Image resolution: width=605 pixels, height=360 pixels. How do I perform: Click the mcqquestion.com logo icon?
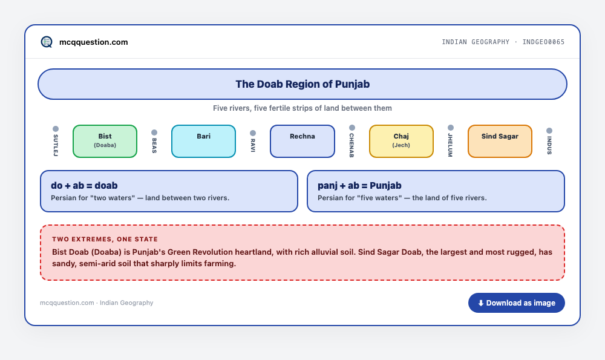point(47,42)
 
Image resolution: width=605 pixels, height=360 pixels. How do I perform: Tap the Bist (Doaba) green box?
point(105,141)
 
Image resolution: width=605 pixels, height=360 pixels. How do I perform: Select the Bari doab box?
point(203,141)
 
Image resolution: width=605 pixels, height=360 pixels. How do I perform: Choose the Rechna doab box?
point(302,141)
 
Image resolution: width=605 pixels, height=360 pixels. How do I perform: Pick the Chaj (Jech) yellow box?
point(401,141)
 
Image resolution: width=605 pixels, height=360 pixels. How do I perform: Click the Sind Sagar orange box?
point(500,141)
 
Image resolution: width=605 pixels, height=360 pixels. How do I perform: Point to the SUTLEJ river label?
point(56,145)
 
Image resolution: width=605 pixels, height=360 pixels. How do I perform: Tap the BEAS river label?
point(154,145)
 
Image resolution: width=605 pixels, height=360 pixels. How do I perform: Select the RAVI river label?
point(253,145)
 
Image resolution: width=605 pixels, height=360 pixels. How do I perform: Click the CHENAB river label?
point(352,145)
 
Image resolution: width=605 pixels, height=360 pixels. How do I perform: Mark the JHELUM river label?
point(450,145)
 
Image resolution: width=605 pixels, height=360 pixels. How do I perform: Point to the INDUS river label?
point(549,145)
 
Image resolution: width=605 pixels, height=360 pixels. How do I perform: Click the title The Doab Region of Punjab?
point(302,84)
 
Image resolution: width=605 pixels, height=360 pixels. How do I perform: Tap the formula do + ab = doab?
point(84,186)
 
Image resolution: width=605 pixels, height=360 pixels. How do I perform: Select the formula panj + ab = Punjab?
point(359,186)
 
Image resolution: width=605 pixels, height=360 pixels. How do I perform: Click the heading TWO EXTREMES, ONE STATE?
point(105,239)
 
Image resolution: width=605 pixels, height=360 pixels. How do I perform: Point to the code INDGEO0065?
point(543,42)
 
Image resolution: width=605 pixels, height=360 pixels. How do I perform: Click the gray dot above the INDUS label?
point(549,131)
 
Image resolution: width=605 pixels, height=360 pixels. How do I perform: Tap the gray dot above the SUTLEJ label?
point(56,129)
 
